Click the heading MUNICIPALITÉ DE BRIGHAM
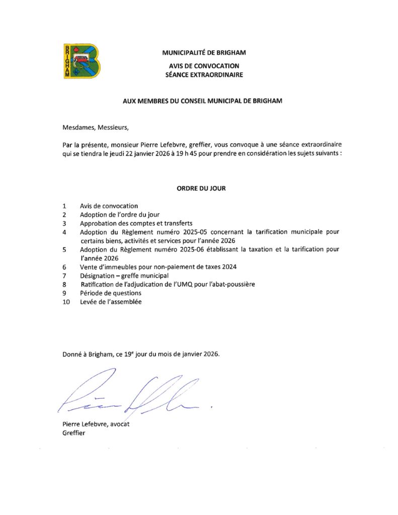click(204, 52)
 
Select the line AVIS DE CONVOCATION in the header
click(204, 66)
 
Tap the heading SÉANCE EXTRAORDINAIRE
click(204, 75)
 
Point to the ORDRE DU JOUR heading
click(201, 189)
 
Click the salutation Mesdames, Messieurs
click(96, 128)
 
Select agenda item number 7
click(65, 276)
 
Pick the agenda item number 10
click(66, 302)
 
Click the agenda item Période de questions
click(110, 293)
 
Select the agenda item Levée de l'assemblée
click(111, 302)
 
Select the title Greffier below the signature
click(73, 433)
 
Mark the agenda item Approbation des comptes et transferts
click(136, 223)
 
